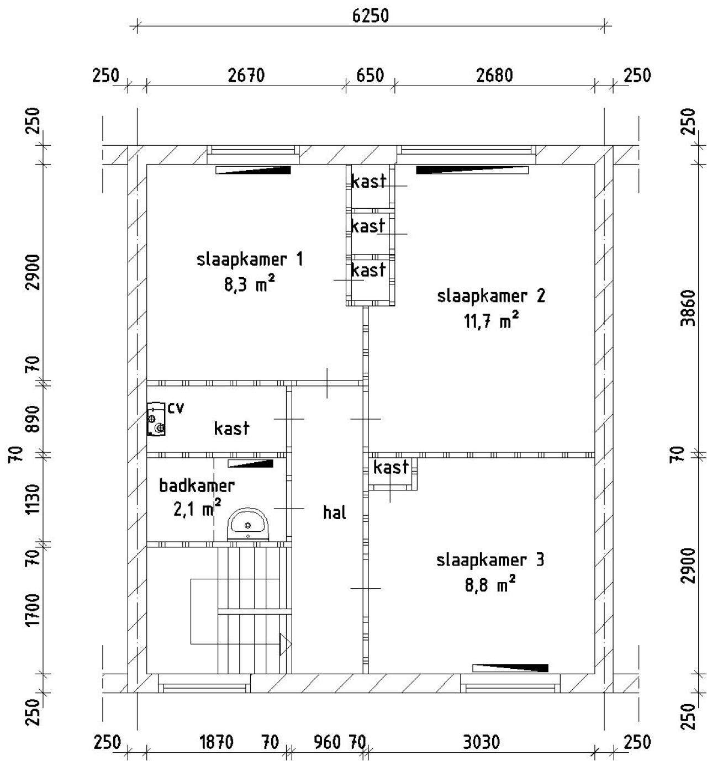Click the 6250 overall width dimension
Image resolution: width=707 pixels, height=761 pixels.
click(x=371, y=15)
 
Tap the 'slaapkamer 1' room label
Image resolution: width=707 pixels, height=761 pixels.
click(x=250, y=260)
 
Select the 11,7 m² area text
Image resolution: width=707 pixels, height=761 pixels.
click(x=492, y=321)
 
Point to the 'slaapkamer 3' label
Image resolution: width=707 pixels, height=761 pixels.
click(x=490, y=561)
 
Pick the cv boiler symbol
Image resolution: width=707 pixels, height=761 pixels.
click(x=156, y=419)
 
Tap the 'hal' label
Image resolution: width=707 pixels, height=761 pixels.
click(x=334, y=512)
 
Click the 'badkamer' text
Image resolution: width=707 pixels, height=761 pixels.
click(x=197, y=486)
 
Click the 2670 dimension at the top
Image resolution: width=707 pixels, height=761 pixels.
click(x=246, y=76)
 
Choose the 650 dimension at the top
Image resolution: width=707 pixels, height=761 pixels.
click(x=370, y=76)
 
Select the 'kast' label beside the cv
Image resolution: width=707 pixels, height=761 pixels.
click(x=231, y=428)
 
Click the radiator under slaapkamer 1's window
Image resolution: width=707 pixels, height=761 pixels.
click(x=253, y=170)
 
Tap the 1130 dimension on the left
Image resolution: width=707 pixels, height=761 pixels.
click(x=34, y=499)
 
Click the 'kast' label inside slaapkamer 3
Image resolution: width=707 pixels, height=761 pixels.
click(x=391, y=468)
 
